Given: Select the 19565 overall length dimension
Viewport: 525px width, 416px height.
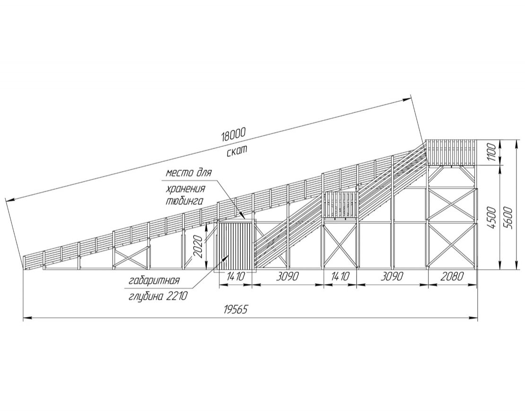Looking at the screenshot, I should click(235, 310).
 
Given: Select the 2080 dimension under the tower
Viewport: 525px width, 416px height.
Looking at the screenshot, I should click(452, 277).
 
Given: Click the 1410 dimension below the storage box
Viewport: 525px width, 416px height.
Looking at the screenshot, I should click(235, 277).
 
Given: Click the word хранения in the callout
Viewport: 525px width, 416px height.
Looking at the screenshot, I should click(184, 189).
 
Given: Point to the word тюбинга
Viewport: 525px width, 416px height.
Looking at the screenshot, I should click(184, 201).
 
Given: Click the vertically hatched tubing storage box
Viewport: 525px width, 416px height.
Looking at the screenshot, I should click(235, 246).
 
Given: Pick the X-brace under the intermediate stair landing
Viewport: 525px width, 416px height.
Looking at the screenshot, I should click(340, 247).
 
